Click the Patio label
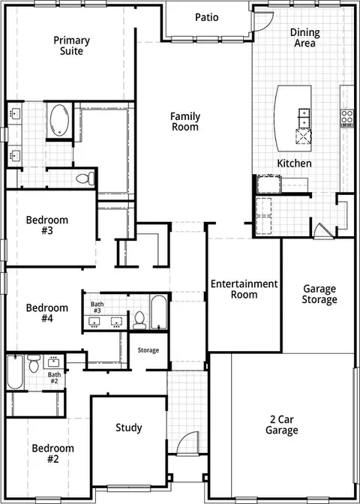(x=207, y=17)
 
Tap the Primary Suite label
(x=71, y=46)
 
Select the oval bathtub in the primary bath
(x=59, y=120)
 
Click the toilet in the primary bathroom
(x=85, y=178)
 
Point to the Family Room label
(x=184, y=121)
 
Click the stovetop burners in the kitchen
(x=347, y=118)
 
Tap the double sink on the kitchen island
(x=304, y=118)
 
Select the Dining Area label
(x=304, y=37)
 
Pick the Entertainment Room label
(x=244, y=289)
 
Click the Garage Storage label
(x=319, y=294)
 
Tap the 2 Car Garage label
(x=281, y=424)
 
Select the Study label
(x=128, y=427)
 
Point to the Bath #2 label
(x=54, y=377)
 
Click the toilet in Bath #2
(x=34, y=363)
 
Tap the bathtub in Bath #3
(x=159, y=313)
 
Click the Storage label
(x=148, y=350)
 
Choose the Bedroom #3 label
(x=47, y=225)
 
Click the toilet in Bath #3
(x=139, y=320)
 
